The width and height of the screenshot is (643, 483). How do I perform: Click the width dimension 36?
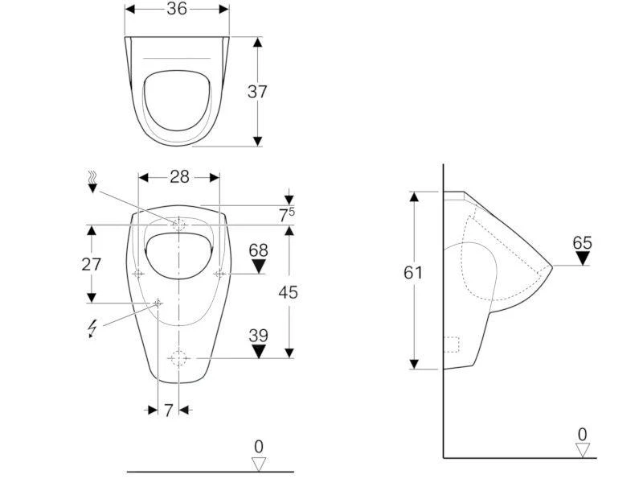(177, 9)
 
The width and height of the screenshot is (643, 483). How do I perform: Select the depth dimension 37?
(257, 92)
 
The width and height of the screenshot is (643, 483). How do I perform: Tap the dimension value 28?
(179, 177)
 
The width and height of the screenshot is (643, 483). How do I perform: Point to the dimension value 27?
(91, 264)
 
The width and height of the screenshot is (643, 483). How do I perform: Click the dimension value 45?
(288, 292)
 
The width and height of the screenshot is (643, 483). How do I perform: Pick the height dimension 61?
(412, 272)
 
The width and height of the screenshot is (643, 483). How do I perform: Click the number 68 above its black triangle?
(258, 250)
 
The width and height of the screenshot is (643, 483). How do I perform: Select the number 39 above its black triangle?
(258, 336)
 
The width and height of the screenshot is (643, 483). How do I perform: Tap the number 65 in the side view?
(582, 243)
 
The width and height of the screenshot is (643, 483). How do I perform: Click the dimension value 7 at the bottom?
(169, 411)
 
